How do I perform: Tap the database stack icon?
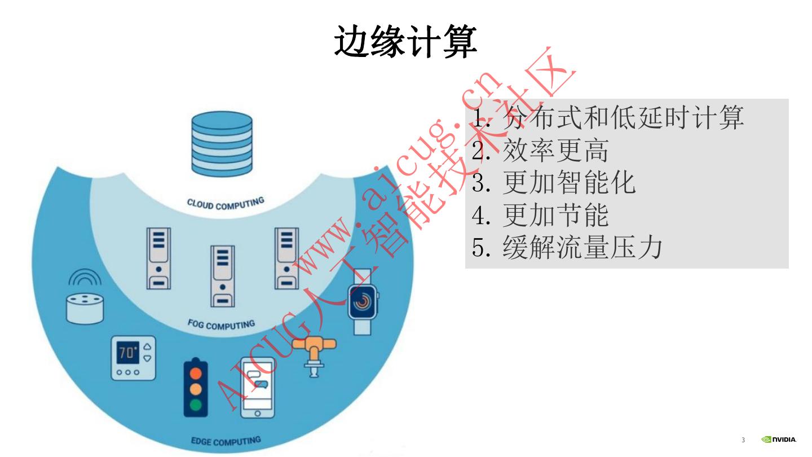coord(221,144)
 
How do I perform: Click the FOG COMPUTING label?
coord(221,325)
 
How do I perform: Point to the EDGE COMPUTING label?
coord(226,441)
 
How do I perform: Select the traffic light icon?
coord(196,386)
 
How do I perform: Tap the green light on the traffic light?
coord(196,405)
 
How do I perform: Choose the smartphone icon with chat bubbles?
coord(257,388)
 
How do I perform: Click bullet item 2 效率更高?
coord(540,151)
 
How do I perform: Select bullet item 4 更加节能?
coord(540,215)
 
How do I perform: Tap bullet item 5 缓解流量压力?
coord(566,248)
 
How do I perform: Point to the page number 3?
coord(743,440)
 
